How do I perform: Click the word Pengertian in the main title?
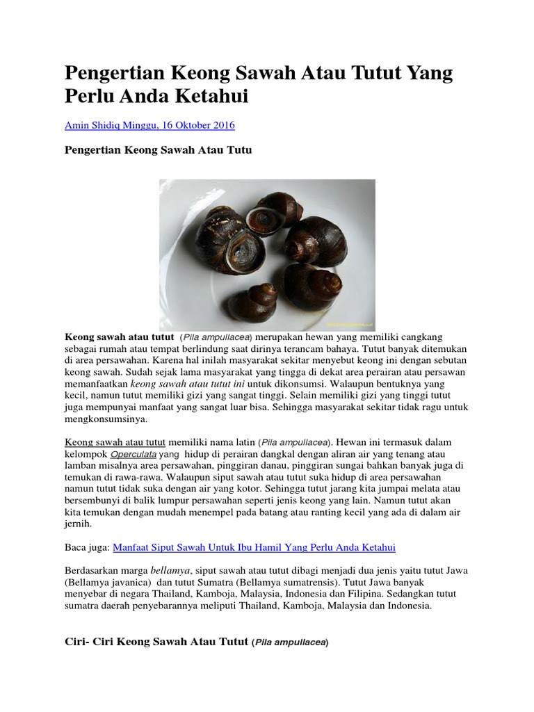pyautogui.click(x=112, y=74)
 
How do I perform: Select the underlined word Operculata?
pyautogui.click(x=133, y=453)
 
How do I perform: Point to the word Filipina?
pyautogui.click(x=398, y=593)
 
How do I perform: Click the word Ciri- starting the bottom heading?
pyautogui.click(x=78, y=642)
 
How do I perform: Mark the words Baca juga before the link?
pyautogui.click(x=87, y=547)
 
